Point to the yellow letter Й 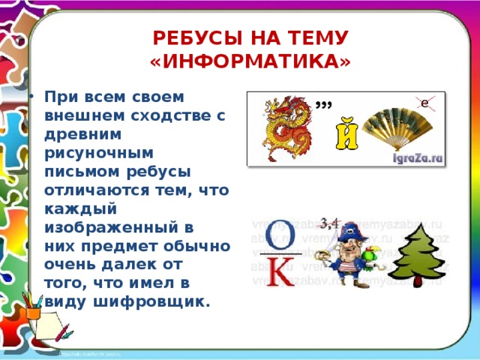tap(344, 137)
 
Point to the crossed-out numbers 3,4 tap(330, 221)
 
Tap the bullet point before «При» tap(31, 97)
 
